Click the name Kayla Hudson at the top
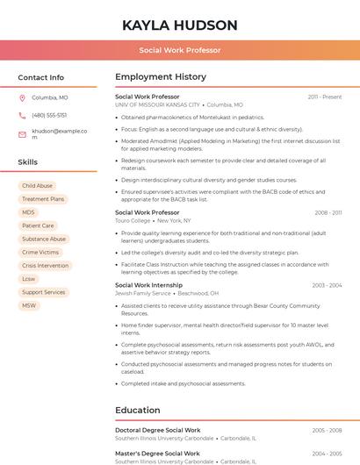tap(180, 25)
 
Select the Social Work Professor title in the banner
tap(180, 50)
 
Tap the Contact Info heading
tap(41, 77)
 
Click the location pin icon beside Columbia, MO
tap(23, 97)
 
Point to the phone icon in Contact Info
tap(23, 115)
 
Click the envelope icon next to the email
tap(23, 133)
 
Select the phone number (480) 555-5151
tap(49, 115)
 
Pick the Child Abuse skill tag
tap(37, 186)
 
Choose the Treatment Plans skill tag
tap(43, 199)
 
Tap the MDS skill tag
tap(29, 212)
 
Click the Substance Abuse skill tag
tap(44, 239)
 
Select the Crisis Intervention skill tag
tap(45, 265)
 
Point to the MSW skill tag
tap(29, 305)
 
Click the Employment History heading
tap(161, 77)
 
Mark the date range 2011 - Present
tap(325, 97)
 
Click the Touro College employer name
tap(133, 221)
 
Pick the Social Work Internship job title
tap(148, 285)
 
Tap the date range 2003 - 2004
tap(327, 285)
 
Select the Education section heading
tap(138, 410)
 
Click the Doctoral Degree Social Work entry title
tap(158, 430)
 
